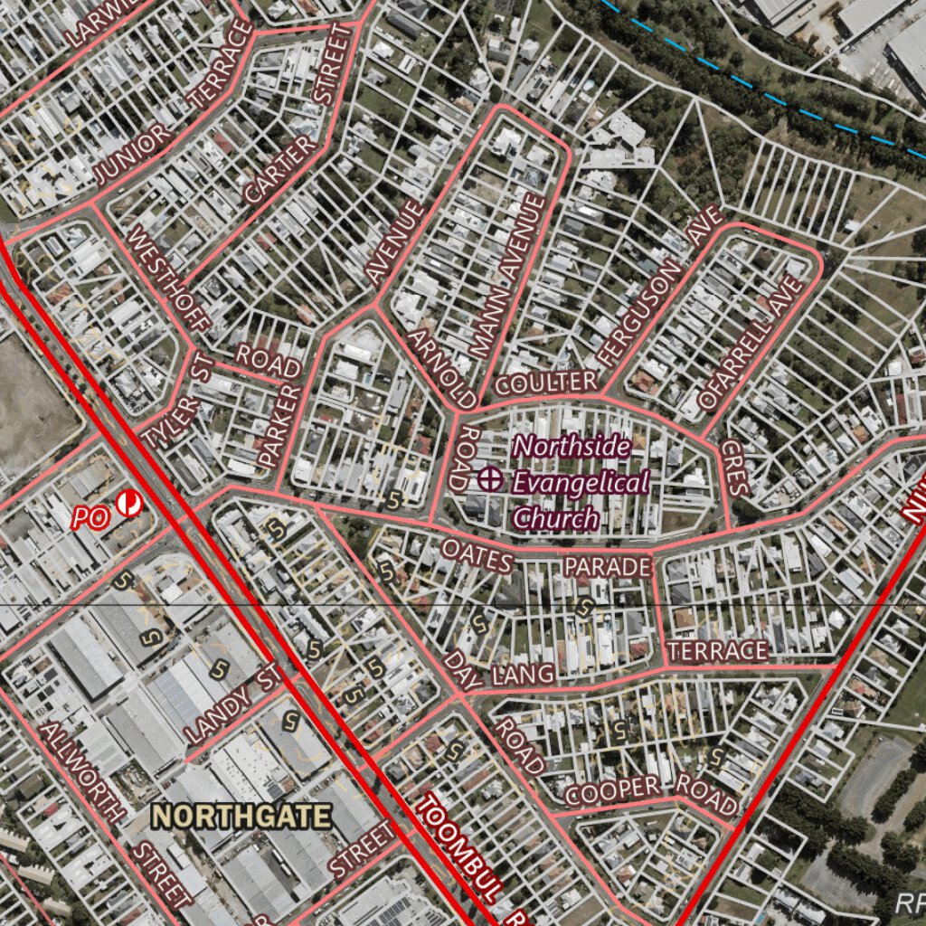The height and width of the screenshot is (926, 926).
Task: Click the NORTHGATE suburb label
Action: pos(241,817)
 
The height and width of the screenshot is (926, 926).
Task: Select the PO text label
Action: pos(90,518)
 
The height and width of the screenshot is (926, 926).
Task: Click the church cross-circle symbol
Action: pos(490,479)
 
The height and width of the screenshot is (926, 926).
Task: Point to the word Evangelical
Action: pos(581,482)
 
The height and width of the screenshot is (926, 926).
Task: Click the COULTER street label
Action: pos(547,383)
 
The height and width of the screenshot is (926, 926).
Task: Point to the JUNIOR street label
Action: pos(133,155)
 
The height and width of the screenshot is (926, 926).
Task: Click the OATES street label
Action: pos(477,555)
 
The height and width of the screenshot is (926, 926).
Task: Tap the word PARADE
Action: pos(608,567)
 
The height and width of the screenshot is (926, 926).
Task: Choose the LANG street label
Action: pos(523,674)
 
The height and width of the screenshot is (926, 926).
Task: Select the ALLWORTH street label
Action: pos(81,771)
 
